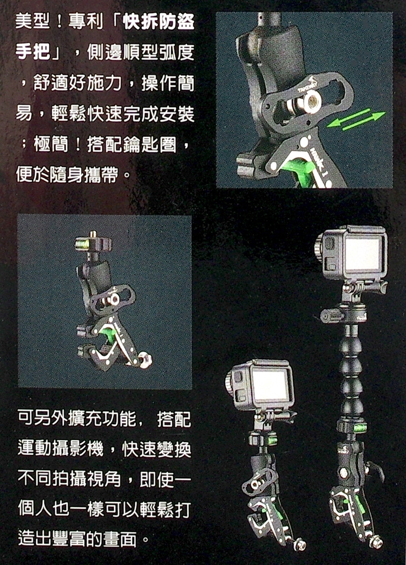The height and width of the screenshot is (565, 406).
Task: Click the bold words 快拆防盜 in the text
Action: pyautogui.click(x=159, y=22)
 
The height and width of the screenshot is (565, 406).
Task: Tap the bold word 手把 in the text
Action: pyautogui.click(x=33, y=52)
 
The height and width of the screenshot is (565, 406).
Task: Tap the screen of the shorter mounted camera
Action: pyautogui.click(x=270, y=385)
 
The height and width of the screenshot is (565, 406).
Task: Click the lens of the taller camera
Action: pyautogui.click(x=319, y=248)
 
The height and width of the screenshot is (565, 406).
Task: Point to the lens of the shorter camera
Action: pyautogui.click(x=229, y=382)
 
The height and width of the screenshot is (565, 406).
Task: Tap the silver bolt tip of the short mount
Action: pyautogui.click(x=299, y=544)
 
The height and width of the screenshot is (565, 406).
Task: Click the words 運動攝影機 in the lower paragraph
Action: pyautogui.click(x=61, y=449)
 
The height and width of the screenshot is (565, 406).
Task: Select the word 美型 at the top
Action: pyautogui.click(x=33, y=22)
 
